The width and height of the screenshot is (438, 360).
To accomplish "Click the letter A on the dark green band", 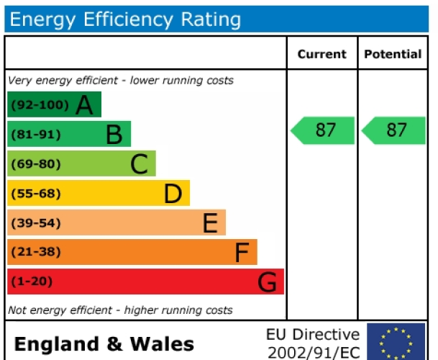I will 85,106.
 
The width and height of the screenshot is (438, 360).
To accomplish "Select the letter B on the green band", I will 114,135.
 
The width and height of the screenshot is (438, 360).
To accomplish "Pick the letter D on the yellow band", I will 173,194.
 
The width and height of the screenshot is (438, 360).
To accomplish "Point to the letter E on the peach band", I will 209,223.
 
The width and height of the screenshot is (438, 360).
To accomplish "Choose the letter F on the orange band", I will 242,253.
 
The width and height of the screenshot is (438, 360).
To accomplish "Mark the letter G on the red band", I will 267,282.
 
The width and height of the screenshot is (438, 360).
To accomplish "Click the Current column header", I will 321,54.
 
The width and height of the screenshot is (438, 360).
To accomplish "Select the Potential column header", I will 393,54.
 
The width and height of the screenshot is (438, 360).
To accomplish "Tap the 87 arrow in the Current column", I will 323,130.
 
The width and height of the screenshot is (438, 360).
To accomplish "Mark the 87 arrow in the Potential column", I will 394,130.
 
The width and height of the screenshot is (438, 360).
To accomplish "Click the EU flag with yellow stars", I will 396,342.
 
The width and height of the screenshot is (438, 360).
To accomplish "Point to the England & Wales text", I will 104,343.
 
